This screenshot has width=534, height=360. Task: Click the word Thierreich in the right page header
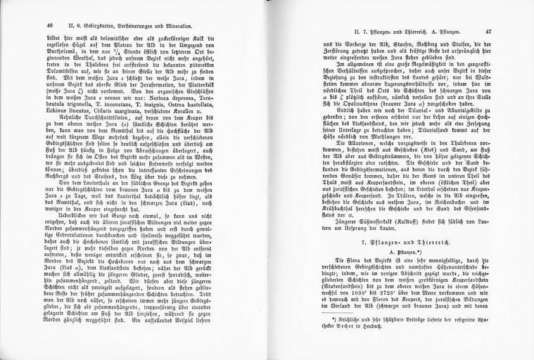(x=412, y=32)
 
